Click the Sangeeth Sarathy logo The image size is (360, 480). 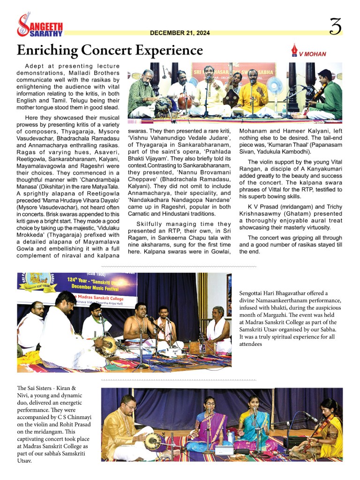click(39, 26)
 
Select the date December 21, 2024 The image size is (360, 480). click(180, 33)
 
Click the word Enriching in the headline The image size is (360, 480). click(47, 50)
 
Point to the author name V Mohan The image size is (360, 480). click(312, 54)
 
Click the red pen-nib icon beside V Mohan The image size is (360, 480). click(294, 50)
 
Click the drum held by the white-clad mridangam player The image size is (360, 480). click(109, 346)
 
